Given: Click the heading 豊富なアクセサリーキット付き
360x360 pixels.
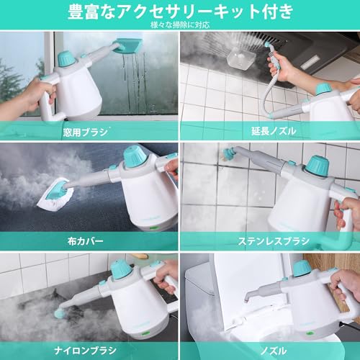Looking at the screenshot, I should tap(180, 12).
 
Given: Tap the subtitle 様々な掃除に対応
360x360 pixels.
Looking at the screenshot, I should tap(180, 25).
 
